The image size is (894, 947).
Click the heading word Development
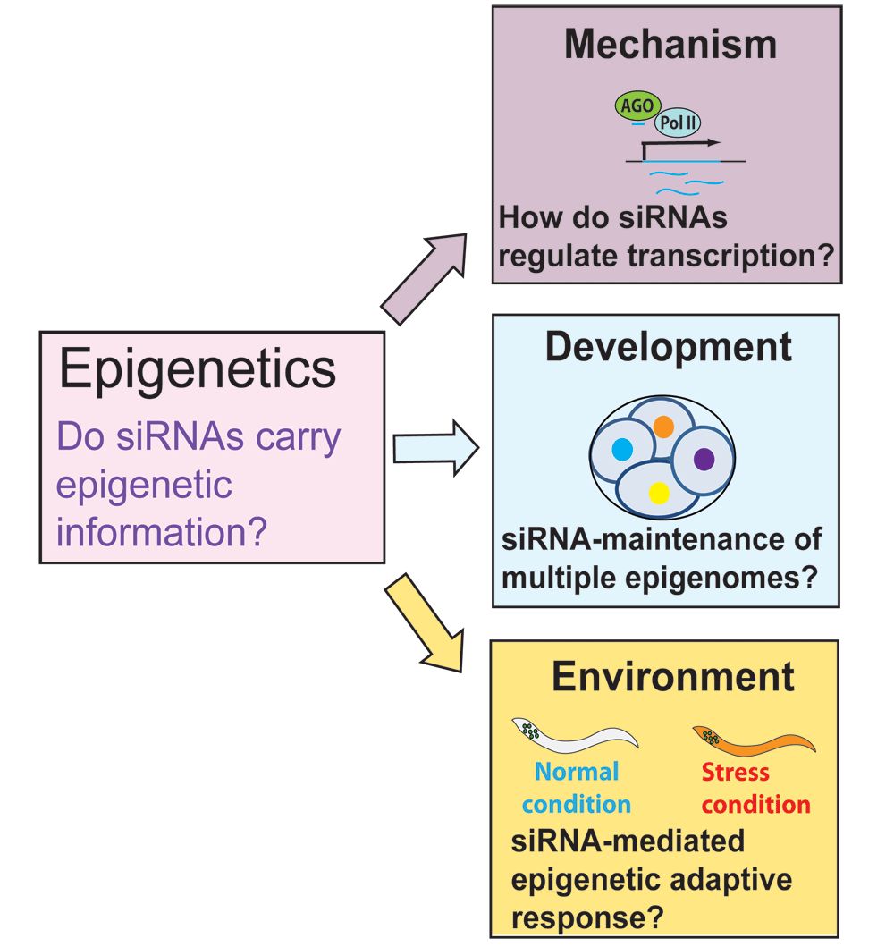point(668,348)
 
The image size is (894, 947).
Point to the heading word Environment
point(672,677)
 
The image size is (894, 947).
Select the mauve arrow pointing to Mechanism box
point(424,278)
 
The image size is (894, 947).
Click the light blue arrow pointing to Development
point(435,447)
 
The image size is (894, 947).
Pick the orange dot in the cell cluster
point(663,426)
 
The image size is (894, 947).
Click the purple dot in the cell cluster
point(704,459)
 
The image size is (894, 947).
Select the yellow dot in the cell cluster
point(659,492)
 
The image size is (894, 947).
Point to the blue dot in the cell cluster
point(621,447)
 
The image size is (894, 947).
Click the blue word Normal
point(577,771)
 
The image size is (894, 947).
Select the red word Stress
point(735,771)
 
